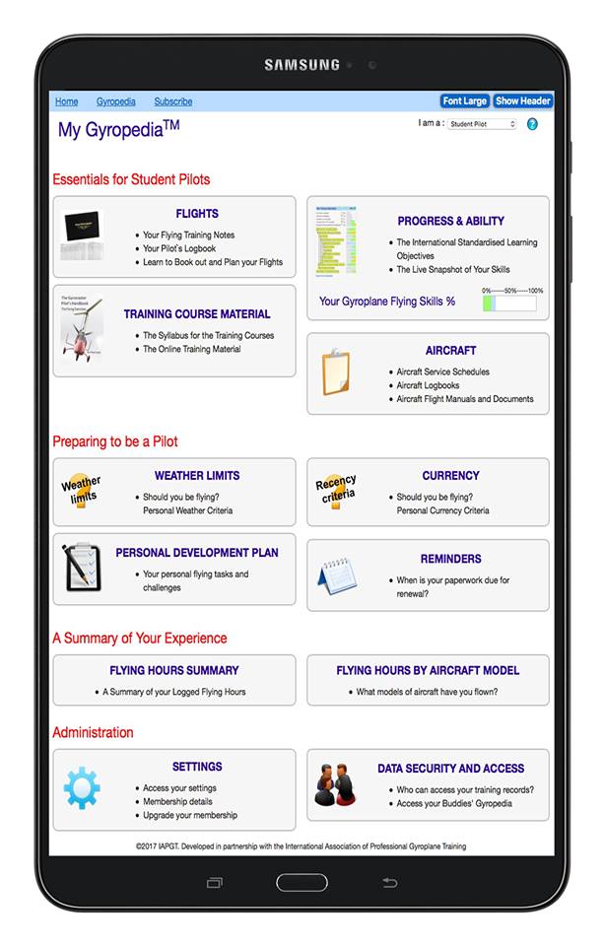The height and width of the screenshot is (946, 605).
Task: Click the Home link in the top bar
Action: [x=66, y=101]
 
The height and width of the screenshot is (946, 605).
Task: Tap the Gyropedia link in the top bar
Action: [x=115, y=101]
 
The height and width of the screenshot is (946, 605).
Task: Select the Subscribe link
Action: [x=173, y=101]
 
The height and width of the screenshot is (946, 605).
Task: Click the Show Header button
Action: [x=522, y=101]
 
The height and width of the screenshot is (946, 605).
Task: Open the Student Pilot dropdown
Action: [x=482, y=124]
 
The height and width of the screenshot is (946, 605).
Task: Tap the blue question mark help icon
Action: [x=532, y=124]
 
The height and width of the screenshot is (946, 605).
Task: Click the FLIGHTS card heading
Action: [x=197, y=214]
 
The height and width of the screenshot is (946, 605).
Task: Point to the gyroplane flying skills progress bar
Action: [x=508, y=303]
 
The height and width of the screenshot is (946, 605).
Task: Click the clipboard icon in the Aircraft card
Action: [x=335, y=372]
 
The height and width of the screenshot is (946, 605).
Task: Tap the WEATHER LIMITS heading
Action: [x=197, y=476]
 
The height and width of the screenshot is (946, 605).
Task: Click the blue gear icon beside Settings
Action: [x=82, y=788]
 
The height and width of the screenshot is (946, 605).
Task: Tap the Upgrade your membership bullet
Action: [x=189, y=816]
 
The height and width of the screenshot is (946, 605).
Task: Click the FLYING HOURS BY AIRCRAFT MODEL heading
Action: [x=428, y=670]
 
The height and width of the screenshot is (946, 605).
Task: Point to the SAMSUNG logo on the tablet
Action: [x=302, y=65]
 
